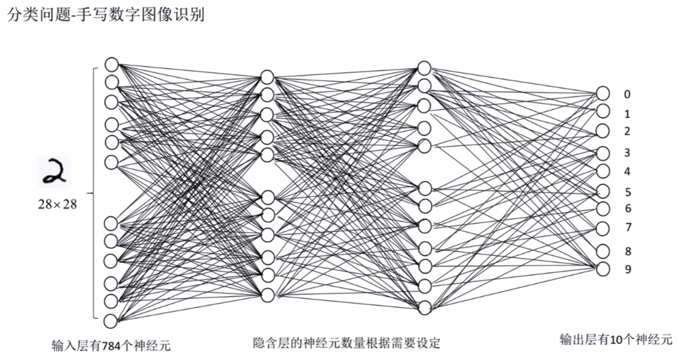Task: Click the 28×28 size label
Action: pyautogui.click(x=57, y=204)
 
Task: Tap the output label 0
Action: pyautogui.click(x=627, y=94)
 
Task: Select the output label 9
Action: pyautogui.click(x=627, y=269)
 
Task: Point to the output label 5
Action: pyautogui.click(x=627, y=192)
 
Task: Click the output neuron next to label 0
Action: pyautogui.click(x=603, y=93)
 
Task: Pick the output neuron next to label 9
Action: pyautogui.click(x=603, y=269)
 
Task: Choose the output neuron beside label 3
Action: pyautogui.click(x=603, y=153)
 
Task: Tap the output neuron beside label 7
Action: pyautogui.click(x=603, y=228)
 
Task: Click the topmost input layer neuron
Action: pyautogui.click(x=111, y=64)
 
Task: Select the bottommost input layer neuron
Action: pyautogui.click(x=110, y=320)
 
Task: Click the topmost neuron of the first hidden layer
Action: pyautogui.click(x=267, y=77)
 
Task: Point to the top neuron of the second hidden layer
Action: pyautogui.click(x=425, y=68)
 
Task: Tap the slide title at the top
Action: pyautogui.click(x=106, y=15)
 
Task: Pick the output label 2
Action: pyautogui.click(x=627, y=131)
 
